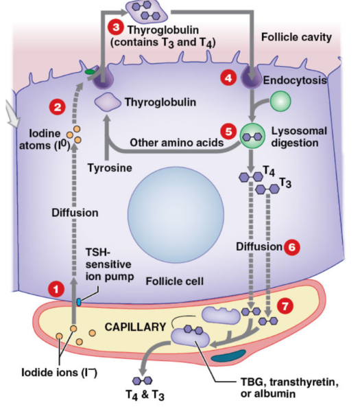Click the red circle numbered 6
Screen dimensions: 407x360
(x=292, y=246)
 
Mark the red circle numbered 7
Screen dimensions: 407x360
(x=287, y=303)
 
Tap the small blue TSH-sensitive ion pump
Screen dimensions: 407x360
(x=78, y=302)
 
